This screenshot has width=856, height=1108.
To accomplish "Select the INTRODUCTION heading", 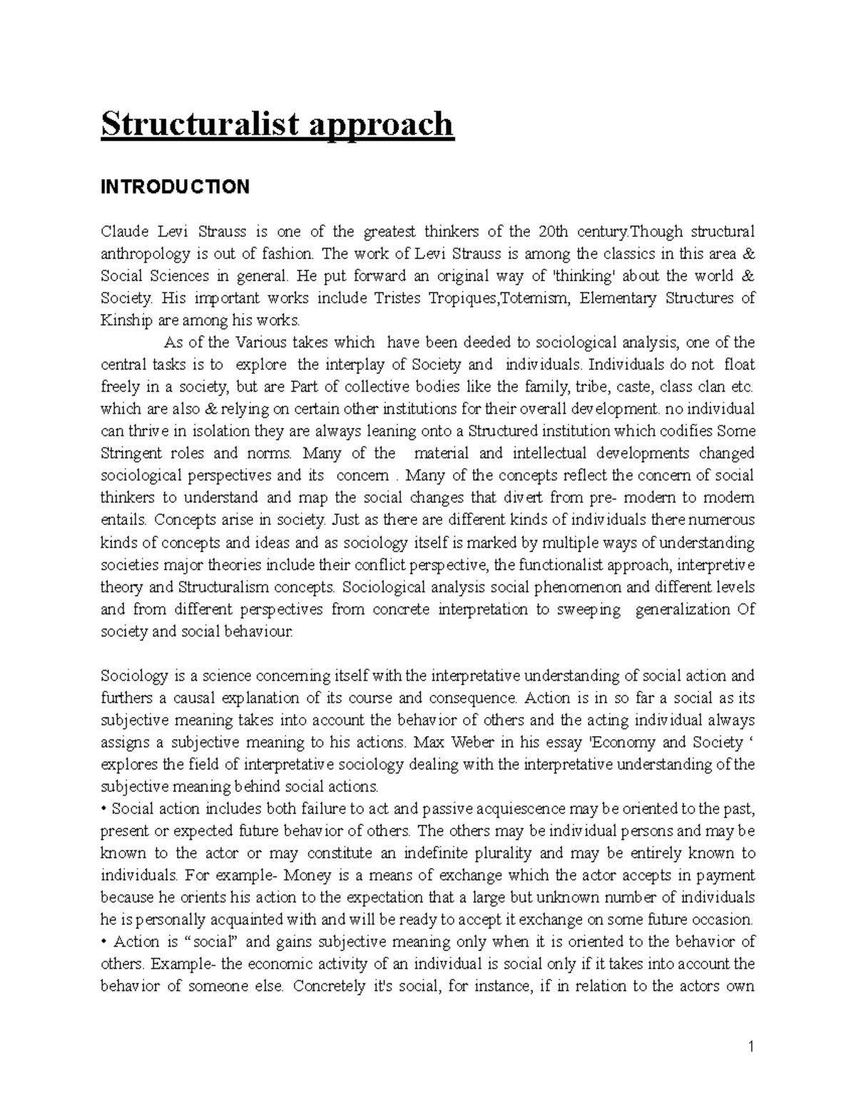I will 175,187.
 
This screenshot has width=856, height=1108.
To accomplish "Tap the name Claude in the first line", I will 124,231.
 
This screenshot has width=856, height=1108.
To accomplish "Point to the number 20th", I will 555,231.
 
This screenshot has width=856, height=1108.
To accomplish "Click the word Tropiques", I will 457,298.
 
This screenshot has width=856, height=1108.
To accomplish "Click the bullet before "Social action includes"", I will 104,808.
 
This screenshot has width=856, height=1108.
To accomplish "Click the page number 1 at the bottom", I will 751,1047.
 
